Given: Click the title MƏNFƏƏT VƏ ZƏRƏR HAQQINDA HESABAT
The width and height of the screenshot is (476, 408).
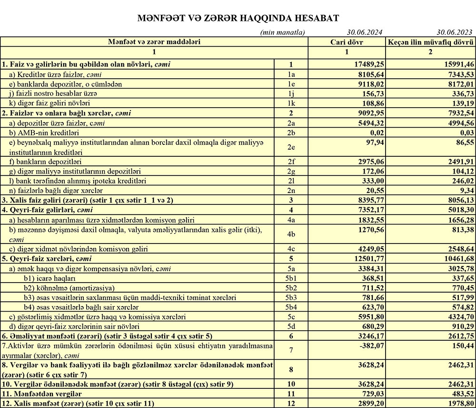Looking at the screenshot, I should click(238, 18).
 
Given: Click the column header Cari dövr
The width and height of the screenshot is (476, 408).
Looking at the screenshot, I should click(347, 41).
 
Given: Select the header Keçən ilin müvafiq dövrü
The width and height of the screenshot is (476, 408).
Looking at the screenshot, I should click(430, 41).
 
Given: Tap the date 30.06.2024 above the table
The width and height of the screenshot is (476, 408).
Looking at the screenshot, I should click(365, 32).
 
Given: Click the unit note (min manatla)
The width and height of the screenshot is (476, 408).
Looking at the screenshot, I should click(282, 32).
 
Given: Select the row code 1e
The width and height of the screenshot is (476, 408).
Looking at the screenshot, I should click(292, 84).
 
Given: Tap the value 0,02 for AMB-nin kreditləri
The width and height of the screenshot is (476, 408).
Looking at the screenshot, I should click(375, 132).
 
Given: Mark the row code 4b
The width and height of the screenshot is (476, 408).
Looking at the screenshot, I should click(292, 234).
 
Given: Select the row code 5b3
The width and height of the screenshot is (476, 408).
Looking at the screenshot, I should click(292, 297).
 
